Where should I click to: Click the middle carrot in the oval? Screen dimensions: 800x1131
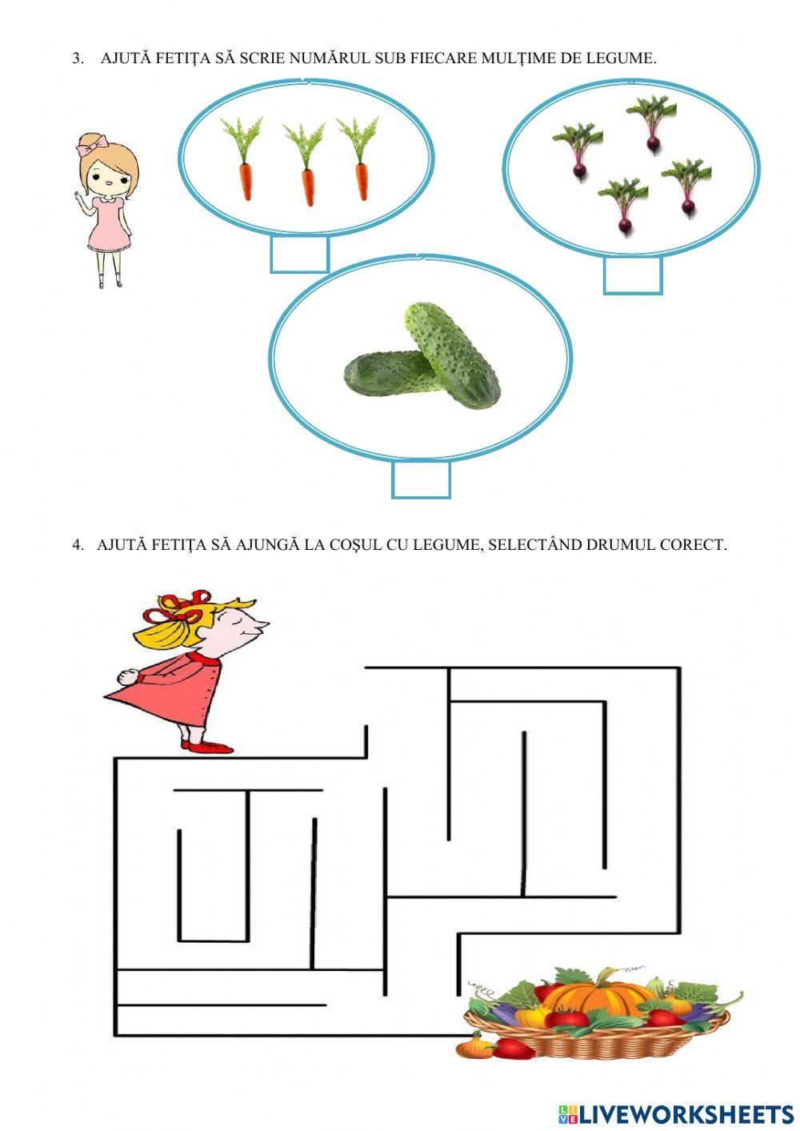(x=305, y=163)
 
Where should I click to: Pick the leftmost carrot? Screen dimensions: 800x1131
(x=242, y=158)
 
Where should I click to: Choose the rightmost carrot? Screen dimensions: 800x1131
(x=359, y=158)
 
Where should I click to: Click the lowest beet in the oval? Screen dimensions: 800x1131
(x=624, y=207)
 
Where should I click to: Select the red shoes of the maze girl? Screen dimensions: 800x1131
(x=207, y=746)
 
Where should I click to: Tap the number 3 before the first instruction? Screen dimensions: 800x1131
(x=78, y=58)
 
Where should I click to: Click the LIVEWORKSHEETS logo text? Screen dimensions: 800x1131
(x=677, y=1110)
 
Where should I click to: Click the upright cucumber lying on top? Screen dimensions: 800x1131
(x=452, y=355)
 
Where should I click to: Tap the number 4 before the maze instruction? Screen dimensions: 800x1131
(x=78, y=545)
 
